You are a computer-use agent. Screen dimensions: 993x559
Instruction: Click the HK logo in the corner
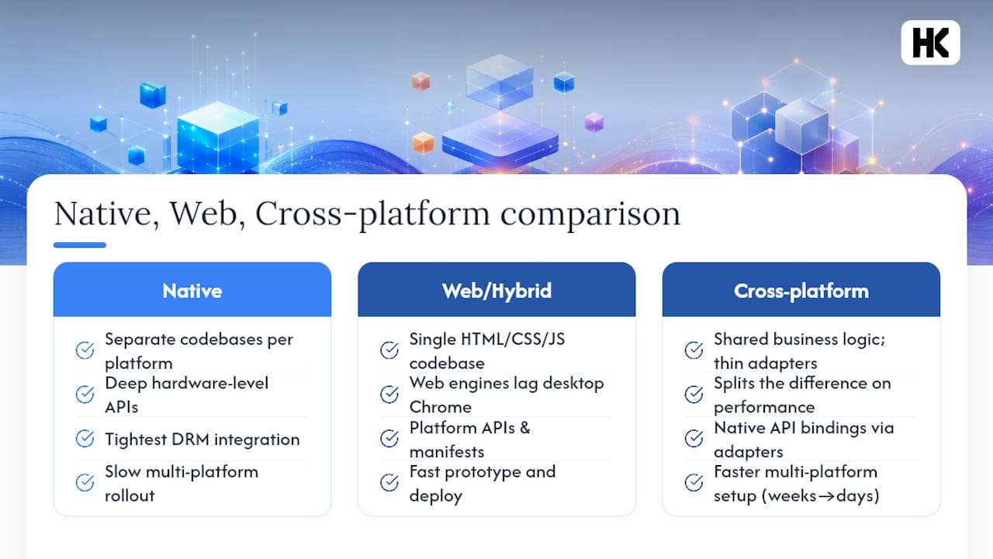[x=930, y=43]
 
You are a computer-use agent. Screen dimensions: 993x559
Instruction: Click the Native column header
[x=192, y=290]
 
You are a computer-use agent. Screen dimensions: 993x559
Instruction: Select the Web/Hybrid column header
[x=496, y=290]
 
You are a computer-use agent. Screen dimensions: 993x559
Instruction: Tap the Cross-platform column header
[x=801, y=290]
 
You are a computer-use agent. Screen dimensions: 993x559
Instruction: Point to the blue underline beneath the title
[x=80, y=245]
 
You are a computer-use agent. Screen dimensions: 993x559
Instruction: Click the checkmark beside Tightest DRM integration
[x=85, y=439]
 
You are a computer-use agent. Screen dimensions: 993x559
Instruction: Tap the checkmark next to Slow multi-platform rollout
[x=85, y=482]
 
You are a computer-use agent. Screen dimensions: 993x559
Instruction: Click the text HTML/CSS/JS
[x=513, y=339]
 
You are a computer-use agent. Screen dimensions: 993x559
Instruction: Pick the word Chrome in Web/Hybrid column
[x=440, y=407]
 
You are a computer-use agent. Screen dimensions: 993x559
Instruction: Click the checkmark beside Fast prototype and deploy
[x=389, y=482]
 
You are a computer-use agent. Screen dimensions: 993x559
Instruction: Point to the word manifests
[x=446, y=452]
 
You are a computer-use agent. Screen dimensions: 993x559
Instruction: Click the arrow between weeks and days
[x=826, y=496]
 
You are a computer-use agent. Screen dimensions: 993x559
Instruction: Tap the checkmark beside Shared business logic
[x=694, y=350]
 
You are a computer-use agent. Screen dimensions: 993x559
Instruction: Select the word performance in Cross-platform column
[x=764, y=408]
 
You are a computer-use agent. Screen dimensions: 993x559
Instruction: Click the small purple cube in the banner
[x=594, y=122]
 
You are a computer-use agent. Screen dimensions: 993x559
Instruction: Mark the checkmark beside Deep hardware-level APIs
[x=85, y=394]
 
